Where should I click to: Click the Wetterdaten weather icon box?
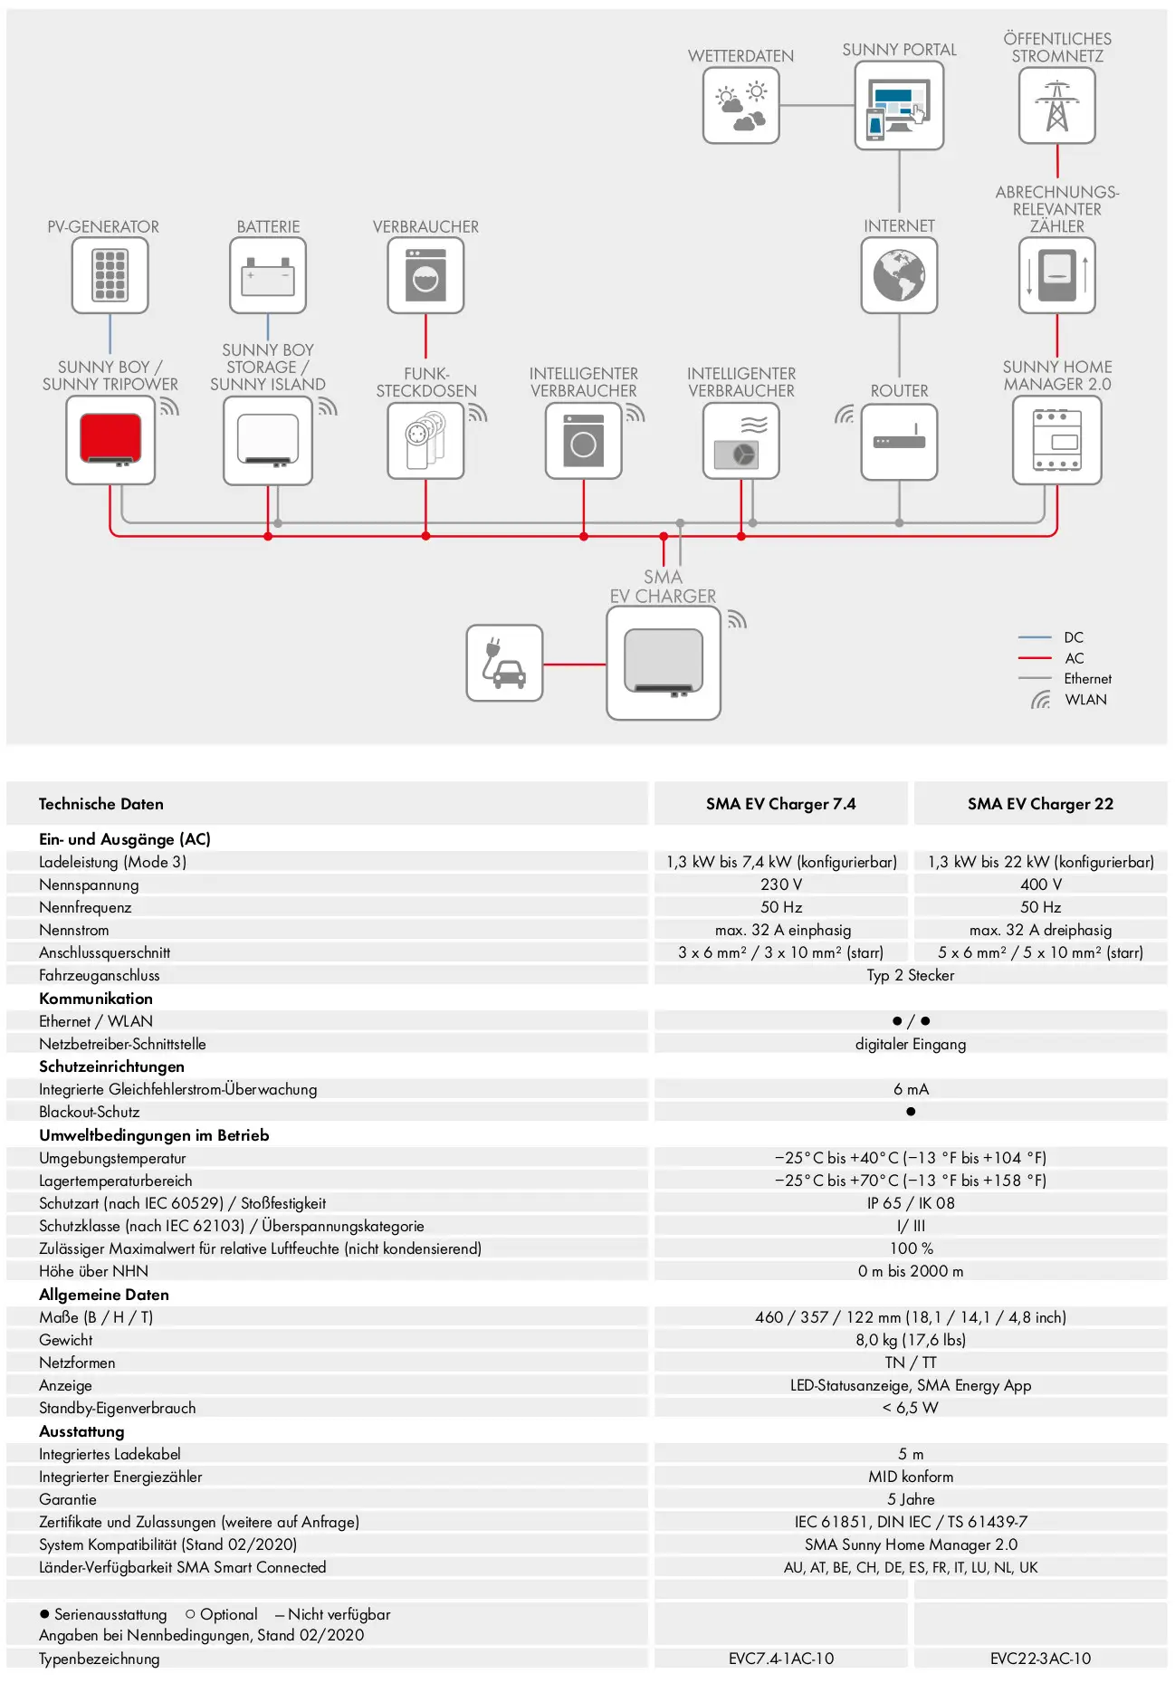point(740,105)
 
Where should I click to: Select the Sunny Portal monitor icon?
point(899,105)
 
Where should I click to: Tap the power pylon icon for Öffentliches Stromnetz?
point(1056,105)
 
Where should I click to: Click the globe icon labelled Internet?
point(899,275)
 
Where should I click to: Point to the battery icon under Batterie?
point(268,275)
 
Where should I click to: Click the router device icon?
point(899,441)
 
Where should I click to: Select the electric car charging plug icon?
point(504,663)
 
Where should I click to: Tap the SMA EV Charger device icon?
point(664,663)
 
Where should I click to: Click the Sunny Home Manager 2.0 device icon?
point(1056,440)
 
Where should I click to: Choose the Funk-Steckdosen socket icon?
point(425,441)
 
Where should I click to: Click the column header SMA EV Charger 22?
point(1040,804)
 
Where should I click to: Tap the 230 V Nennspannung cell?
point(781,885)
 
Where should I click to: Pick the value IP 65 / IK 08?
point(911,1203)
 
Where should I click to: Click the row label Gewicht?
point(65,1340)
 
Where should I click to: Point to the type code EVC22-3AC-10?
point(1040,1659)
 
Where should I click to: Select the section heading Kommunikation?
point(96,999)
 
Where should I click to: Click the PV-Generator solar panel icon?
point(110,275)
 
